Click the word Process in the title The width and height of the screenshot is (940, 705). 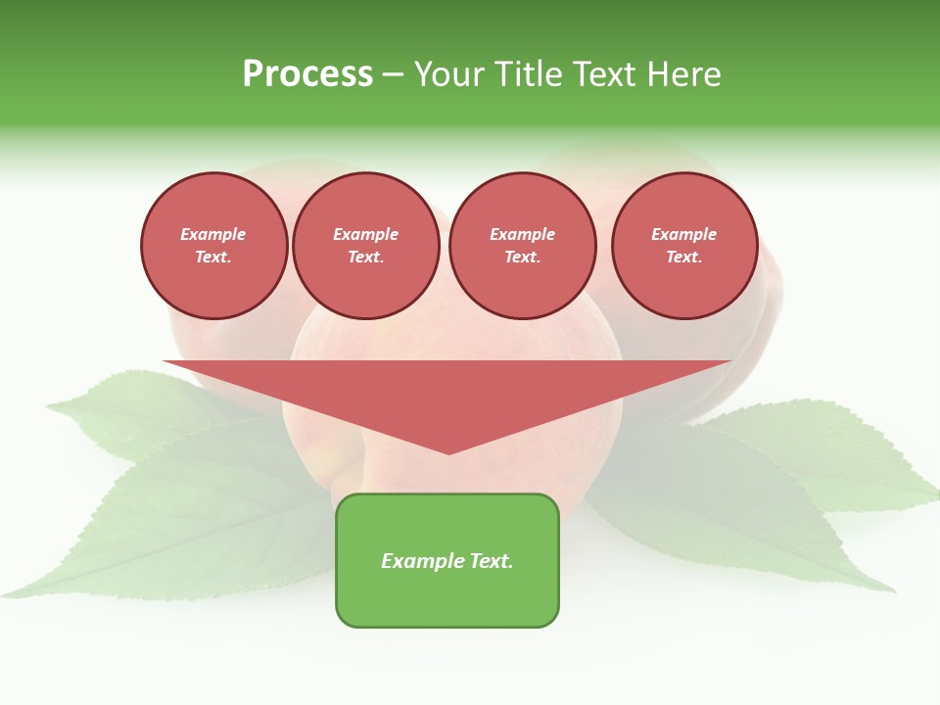click(x=307, y=74)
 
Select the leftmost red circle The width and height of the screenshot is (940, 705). click(x=213, y=246)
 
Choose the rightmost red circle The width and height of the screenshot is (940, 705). click(x=684, y=246)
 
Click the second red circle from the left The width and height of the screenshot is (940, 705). click(x=365, y=246)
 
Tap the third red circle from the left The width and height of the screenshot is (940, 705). click(x=522, y=246)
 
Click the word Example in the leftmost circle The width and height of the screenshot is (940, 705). click(x=213, y=234)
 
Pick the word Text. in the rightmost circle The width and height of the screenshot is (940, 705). click(x=684, y=258)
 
